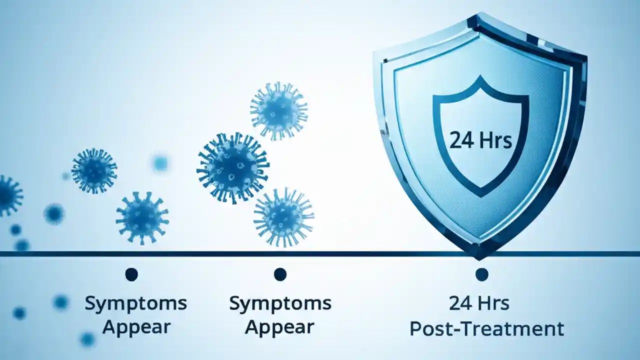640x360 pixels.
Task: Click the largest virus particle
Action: (x=233, y=167)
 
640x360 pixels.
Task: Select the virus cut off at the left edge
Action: (x=8, y=195)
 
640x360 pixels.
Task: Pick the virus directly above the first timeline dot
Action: (x=142, y=218)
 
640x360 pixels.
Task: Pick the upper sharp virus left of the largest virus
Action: (x=94, y=170)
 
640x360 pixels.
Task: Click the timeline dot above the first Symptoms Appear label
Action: (x=131, y=274)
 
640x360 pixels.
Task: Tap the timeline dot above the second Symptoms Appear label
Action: (x=280, y=274)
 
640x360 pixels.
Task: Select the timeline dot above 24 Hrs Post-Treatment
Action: (x=481, y=274)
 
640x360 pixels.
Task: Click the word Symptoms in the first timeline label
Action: (x=136, y=303)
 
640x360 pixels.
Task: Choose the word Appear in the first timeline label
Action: (x=136, y=327)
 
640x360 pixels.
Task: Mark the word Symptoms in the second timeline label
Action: (x=280, y=303)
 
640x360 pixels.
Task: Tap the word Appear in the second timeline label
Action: (x=280, y=327)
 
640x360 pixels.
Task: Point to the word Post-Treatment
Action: (x=486, y=328)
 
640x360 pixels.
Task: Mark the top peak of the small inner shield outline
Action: (x=480, y=77)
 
